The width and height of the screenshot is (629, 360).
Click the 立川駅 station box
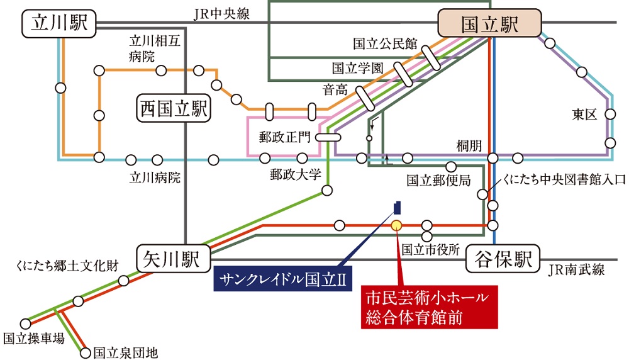click(57, 25)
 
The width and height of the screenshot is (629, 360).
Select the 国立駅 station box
click(489, 25)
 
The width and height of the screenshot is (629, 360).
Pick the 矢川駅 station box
click(172, 258)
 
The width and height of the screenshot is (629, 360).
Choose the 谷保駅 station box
click(503, 259)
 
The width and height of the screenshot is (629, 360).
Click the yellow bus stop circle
click(396, 225)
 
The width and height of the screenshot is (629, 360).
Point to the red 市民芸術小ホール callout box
click(429, 306)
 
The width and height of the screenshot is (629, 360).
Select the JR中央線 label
click(220, 13)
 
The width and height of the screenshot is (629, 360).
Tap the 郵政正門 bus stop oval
click(328, 137)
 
